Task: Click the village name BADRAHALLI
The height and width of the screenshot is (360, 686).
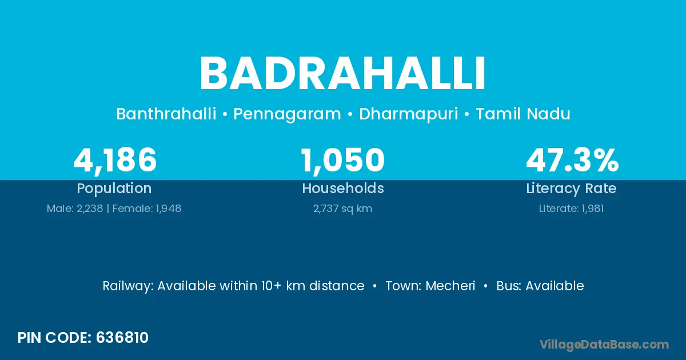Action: (342, 74)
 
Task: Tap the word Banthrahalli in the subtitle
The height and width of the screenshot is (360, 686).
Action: (166, 114)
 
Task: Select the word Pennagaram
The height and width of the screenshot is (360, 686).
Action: (287, 114)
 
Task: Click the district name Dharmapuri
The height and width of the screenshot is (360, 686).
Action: (409, 114)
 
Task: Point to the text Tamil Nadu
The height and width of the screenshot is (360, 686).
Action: (523, 114)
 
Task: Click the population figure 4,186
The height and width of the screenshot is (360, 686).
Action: (115, 161)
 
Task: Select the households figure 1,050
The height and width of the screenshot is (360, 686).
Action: (342, 161)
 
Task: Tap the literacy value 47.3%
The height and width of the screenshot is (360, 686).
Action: (572, 160)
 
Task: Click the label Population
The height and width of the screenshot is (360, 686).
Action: (114, 189)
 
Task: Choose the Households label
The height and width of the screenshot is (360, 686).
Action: (343, 188)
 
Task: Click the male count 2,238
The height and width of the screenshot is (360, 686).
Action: (90, 209)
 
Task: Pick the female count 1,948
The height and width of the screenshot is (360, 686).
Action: (169, 209)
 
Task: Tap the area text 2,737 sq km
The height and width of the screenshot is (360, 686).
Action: (342, 209)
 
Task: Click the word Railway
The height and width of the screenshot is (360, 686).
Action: (127, 286)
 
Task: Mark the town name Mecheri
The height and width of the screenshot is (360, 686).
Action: (450, 286)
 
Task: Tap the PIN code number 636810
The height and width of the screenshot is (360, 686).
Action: (122, 338)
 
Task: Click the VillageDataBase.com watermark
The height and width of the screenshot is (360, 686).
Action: (604, 345)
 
